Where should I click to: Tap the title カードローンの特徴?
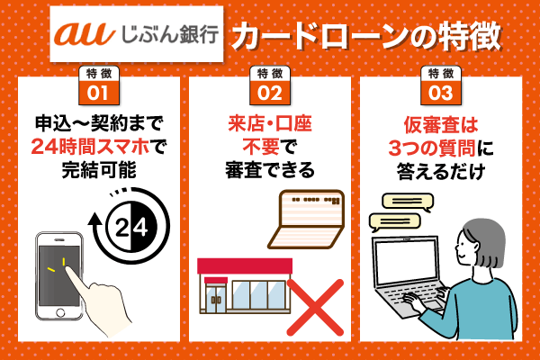(x=364, y=36)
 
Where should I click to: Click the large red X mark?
(x=314, y=305)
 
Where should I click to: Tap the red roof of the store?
(x=244, y=265)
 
